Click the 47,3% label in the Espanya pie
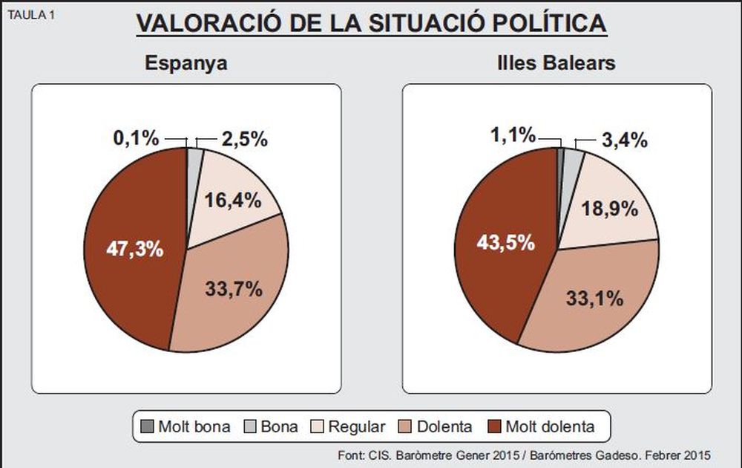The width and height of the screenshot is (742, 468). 134,249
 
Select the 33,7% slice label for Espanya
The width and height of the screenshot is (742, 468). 234,288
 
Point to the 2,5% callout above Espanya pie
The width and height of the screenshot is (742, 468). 245,139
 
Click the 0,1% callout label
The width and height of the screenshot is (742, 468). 136,138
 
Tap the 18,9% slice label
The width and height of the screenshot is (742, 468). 610,208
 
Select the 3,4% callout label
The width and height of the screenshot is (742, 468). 624,139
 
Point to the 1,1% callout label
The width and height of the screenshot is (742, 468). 512,135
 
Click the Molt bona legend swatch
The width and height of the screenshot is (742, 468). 147,427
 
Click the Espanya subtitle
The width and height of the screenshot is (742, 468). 185,63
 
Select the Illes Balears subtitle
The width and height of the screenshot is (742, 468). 556,63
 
